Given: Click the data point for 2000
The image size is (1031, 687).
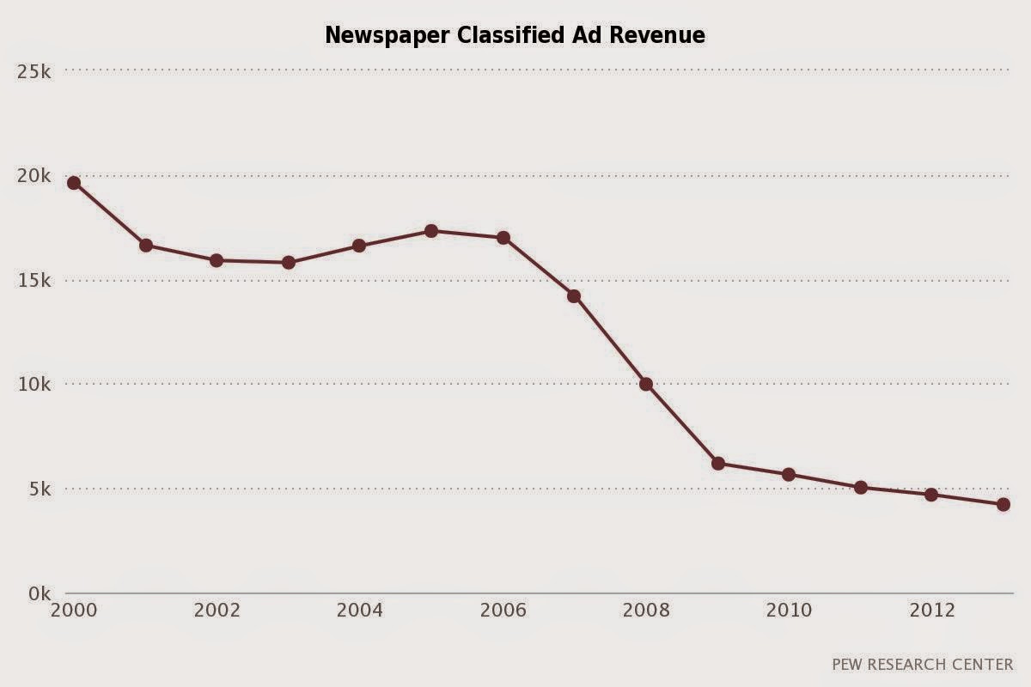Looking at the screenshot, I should [74, 183].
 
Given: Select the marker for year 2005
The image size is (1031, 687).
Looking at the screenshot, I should [431, 231].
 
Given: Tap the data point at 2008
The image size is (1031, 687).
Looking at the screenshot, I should [646, 384].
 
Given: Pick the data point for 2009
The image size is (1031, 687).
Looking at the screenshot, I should [718, 463].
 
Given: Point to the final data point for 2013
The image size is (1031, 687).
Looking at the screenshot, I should [1003, 505].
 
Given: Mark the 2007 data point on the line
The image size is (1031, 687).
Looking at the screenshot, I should [574, 296].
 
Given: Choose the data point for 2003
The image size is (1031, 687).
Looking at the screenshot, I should [289, 262].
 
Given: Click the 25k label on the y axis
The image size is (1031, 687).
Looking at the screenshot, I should [34, 71].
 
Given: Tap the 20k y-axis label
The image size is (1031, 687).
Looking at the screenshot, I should [34, 176].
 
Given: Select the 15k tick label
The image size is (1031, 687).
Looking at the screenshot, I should [34, 281].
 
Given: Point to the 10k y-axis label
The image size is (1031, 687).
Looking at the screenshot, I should [34, 385].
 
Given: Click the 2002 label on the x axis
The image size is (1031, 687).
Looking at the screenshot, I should [217, 611].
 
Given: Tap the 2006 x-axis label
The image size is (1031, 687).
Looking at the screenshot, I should [503, 611].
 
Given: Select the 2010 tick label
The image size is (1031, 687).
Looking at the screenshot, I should [789, 611].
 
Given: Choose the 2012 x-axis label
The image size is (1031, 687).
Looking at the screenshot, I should [931, 611].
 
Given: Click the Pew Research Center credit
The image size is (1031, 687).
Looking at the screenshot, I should [922, 664].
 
